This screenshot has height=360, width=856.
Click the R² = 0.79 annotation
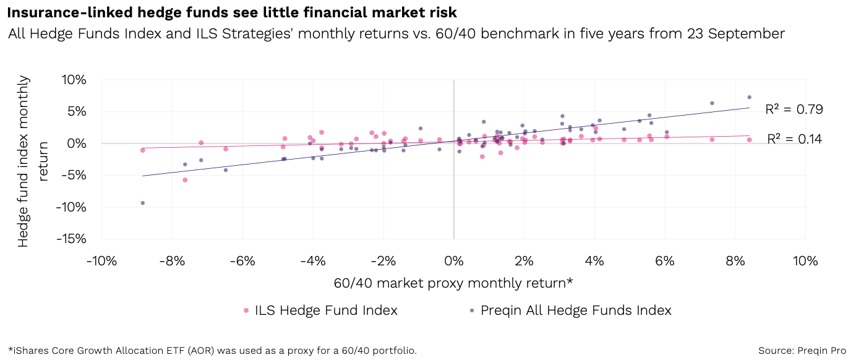pyautogui.click(x=794, y=110)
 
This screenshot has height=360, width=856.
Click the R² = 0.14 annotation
pyautogui.click(x=794, y=139)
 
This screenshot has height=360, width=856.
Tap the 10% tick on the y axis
pyautogui.click(x=74, y=80)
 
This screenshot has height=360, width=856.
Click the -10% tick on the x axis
pyautogui.click(x=101, y=261)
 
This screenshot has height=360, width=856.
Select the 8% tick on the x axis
pyautogui.click(x=735, y=261)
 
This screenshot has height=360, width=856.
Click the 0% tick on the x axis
pyautogui.click(x=454, y=261)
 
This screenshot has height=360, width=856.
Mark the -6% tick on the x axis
pyautogui.click(x=242, y=261)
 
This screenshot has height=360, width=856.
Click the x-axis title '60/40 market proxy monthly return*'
pyautogui.click(x=453, y=283)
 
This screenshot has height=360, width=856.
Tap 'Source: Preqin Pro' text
pyautogui.click(x=802, y=351)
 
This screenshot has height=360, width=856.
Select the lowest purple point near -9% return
pyautogui.click(x=143, y=203)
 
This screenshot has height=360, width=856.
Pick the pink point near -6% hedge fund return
pyautogui.click(x=185, y=180)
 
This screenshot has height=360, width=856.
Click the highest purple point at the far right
pyautogui.click(x=749, y=97)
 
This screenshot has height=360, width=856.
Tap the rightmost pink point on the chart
pyautogui.click(x=749, y=140)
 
